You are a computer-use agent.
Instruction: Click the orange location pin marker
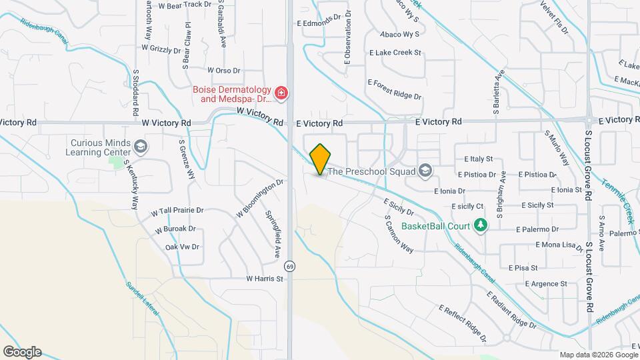321,159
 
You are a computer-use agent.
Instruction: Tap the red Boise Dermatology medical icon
281,93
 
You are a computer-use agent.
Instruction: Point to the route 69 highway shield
289,266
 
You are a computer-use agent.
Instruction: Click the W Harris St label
265,279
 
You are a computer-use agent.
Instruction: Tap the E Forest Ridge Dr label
395,89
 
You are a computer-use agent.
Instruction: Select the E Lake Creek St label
395,52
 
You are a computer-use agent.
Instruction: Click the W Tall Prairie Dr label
177,210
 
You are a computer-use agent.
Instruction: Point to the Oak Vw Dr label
182,247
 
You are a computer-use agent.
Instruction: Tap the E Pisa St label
523,268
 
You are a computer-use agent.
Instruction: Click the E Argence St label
545,283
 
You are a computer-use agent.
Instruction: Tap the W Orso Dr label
223,69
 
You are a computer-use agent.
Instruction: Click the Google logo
22,351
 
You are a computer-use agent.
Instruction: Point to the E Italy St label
478,159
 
